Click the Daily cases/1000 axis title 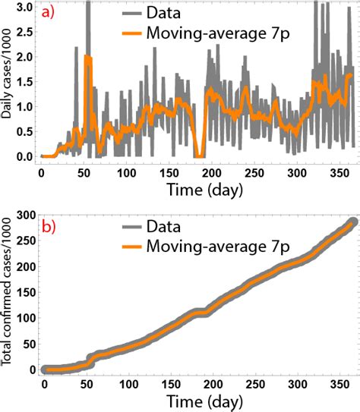click(x=8, y=80)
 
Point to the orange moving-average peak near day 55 click(x=88, y=58)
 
